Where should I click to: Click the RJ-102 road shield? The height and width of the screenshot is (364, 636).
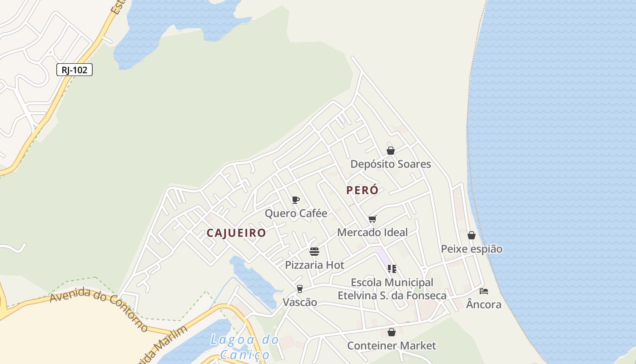tap(75, 70)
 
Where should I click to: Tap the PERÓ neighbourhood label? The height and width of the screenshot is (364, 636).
tap(362, 190)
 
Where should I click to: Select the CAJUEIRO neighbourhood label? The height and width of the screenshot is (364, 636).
tap(236, 233)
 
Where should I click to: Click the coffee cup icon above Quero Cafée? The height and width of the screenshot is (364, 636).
tap(296, 200)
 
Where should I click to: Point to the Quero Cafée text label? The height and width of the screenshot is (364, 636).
tap(296, 213)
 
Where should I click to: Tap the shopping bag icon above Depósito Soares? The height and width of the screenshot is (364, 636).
tap(391, 151)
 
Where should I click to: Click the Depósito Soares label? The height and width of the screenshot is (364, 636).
tap(391, 164)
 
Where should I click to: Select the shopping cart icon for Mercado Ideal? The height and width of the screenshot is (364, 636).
tap(373, 219)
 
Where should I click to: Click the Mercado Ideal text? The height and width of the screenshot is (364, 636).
tap(373, 232)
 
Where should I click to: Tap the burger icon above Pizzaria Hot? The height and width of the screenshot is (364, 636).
tap(314, 252)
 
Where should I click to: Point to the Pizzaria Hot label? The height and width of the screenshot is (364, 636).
tap(314, 265)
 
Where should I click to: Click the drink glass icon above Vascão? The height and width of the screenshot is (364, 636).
tap(299, 288)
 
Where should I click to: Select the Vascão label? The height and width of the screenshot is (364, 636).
tap(300, 302)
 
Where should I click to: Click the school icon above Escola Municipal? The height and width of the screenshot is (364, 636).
tap(392, 268)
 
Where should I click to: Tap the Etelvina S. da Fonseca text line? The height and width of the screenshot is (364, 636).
tap(392, 295)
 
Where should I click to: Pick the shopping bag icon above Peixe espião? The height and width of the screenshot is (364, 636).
tap(472, 235)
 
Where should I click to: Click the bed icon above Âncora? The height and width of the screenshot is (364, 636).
tap(484, 291)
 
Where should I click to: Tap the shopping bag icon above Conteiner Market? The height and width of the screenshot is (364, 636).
tap(391, 333)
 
